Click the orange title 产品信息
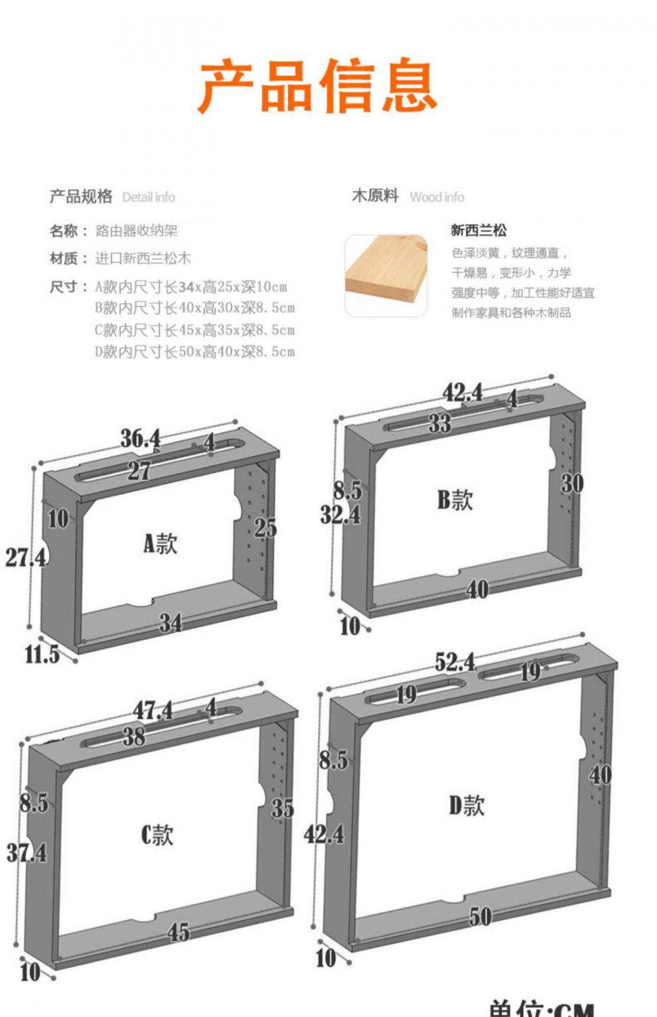(x=318, y=86)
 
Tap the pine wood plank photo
(x=386, y=274)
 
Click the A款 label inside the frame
(x=160, y=543)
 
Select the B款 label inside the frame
(x=455, y=499)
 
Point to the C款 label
(x=157, y=834)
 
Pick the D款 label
(x=467, y=805)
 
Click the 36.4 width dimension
(x=140, y=438)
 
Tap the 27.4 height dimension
(x=26, y=557)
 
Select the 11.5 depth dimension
(x=41, y=654)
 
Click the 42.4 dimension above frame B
(x=463, y=392)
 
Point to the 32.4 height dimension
(x=340, y=514)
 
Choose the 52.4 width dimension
(x=455, y=661)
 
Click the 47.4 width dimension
(x=153, y=711)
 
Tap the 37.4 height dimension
(x=27, y=852)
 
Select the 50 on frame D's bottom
(x=480, y=916)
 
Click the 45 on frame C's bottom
(x=178, y=932)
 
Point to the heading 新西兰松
(x=478, y=230)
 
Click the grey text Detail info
(x=149, y=197)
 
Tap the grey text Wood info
(x=437, y=197)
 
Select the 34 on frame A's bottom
(x=170, y=622)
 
